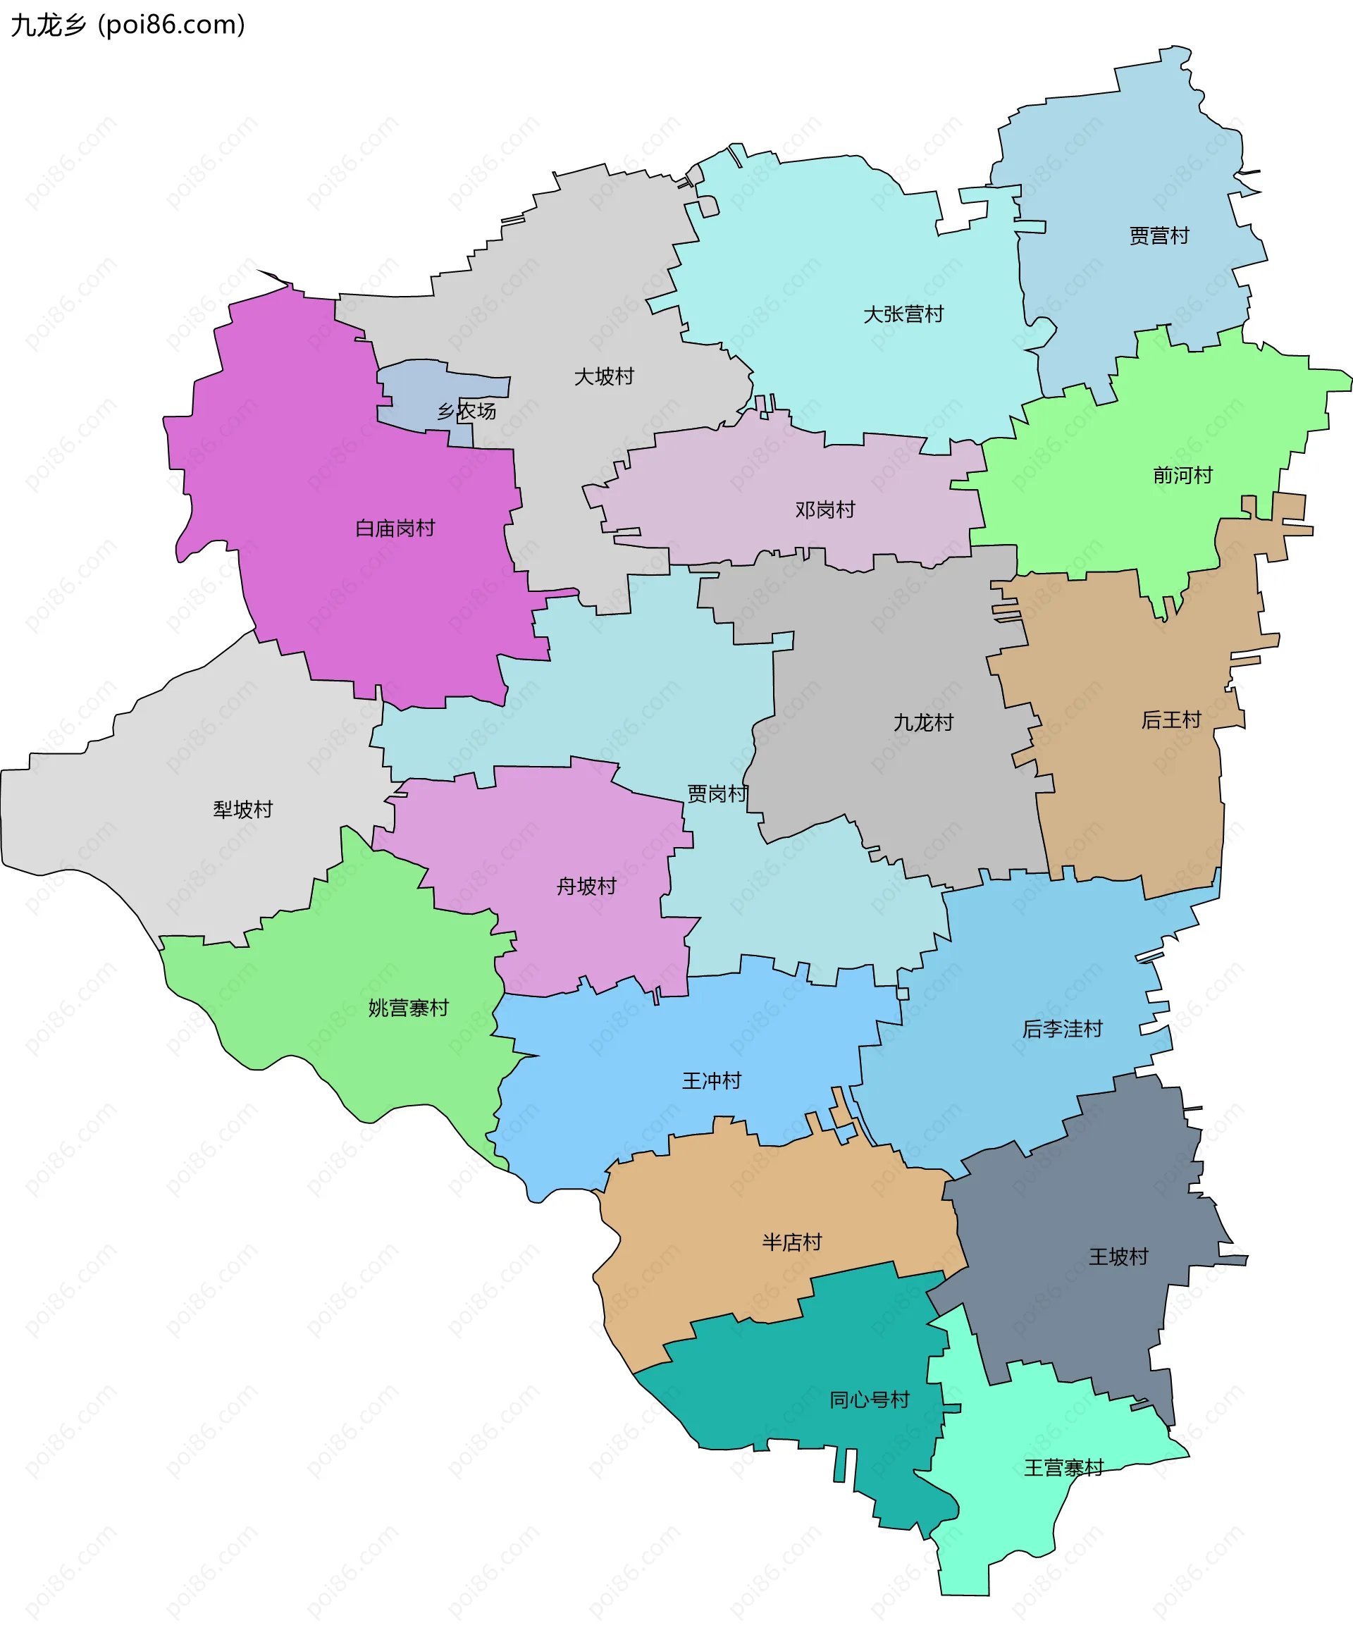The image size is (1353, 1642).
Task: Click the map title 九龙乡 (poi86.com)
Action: point(128,25)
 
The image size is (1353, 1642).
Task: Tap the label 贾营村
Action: point(1159,235)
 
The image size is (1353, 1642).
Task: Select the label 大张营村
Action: point(903,314)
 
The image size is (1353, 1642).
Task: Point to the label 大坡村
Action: point(604,376)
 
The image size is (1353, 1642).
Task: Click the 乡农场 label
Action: point(466,411)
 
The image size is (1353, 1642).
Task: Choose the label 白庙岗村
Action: point(395,529)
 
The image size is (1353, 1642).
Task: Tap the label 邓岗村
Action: point(824,510)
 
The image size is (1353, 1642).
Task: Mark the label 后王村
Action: point(1170,720)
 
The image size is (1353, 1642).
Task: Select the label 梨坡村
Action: point(242,809)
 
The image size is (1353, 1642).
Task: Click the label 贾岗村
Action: point(716,794)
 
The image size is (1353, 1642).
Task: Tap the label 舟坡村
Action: point(586,886)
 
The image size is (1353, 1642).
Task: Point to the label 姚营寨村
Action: point(409,1008)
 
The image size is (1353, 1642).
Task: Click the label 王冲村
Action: point(711,1080)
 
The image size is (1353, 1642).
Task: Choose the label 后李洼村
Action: point(1062,1029)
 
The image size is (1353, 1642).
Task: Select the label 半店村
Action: point(792,1242)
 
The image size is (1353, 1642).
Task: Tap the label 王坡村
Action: point(1118,1257)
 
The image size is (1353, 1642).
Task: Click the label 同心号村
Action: point(869,1400)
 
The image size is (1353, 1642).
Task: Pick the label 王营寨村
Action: point(1063,1468)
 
